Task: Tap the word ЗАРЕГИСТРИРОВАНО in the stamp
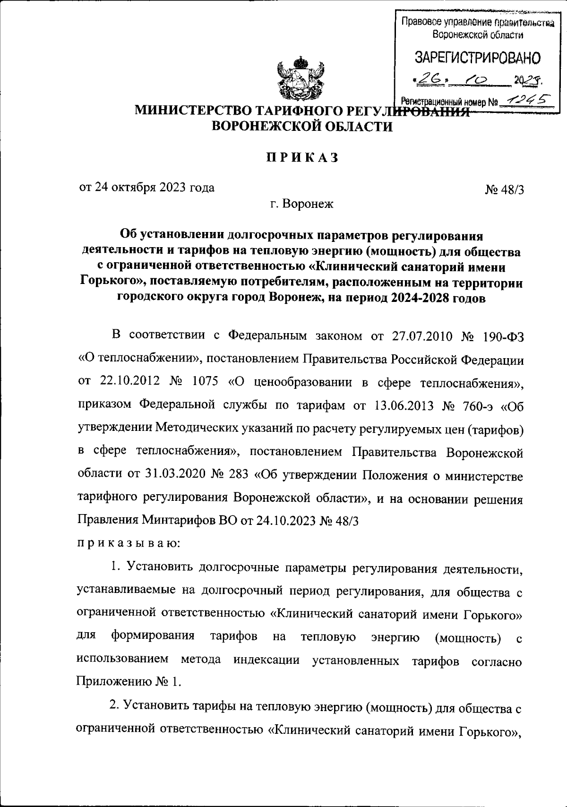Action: (x=477, y=58)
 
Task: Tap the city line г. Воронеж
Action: (x=301, y=204)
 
